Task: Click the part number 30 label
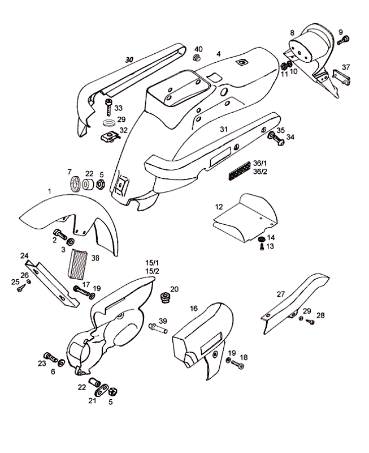tap(129, 59)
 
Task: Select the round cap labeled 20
tap(166, 297)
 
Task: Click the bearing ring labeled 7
tap(74, 184)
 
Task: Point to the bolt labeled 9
tap(342, 40)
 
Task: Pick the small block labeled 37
tap(340, 77)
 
